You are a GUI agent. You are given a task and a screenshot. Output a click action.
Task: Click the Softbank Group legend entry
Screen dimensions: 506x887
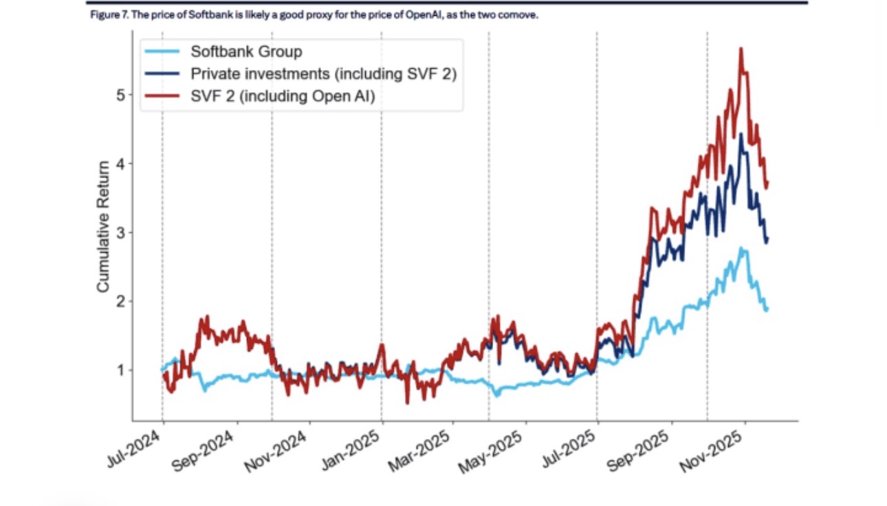pos(246,52)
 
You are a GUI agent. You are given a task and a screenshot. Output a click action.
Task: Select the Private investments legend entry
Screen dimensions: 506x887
pos(323,74)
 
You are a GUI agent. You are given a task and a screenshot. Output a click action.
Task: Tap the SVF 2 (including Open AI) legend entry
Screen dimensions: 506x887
pos(282,97)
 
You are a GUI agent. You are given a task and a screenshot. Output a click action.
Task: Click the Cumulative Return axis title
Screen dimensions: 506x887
pos(103,226)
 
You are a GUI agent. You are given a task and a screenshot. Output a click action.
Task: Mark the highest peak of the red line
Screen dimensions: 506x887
pos(741,48)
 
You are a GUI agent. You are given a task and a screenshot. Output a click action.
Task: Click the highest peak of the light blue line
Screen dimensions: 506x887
pos(741,248)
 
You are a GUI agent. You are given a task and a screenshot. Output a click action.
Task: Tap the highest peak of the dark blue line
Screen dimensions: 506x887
pos(741,135)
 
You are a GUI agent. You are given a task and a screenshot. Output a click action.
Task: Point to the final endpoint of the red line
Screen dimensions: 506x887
pos(767,182)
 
